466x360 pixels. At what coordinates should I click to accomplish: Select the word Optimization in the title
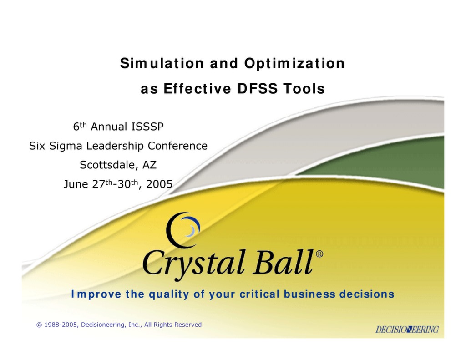[294, 63]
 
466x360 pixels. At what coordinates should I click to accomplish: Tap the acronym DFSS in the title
[257, 89]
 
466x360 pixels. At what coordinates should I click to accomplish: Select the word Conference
[177, 146]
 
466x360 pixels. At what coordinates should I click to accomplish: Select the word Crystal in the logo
[194, 263]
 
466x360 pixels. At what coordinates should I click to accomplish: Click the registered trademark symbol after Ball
[319, 254]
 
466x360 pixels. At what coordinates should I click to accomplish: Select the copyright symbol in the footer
[39, 325]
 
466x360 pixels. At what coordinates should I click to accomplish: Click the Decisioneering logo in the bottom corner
[407, 329]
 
